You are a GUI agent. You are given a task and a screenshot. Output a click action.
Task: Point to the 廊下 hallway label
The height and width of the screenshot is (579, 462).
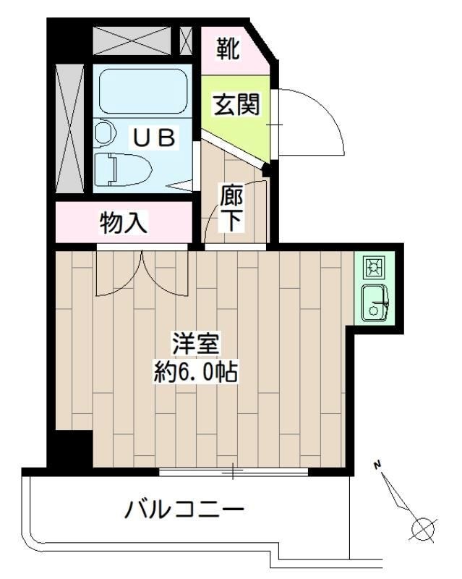(231, 208)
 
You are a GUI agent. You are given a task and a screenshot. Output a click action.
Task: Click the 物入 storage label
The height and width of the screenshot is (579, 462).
(124, 224)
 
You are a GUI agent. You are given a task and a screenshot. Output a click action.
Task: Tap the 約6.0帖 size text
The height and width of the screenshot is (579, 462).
(196, 373)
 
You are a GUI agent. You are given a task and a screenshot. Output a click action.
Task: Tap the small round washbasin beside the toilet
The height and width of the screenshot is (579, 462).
(104, 132)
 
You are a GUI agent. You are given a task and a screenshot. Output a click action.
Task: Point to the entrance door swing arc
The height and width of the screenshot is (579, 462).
(318, 123)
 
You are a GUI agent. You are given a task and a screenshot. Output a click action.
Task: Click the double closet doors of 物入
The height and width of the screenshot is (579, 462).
(143, 274)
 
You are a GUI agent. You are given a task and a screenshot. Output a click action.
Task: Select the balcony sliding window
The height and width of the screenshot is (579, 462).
(233, 473)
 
